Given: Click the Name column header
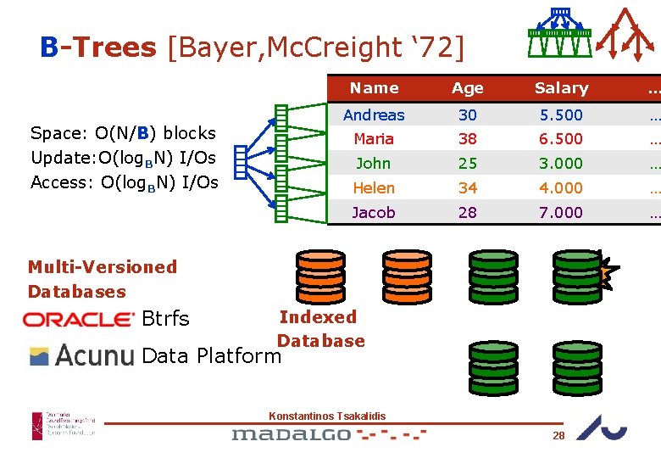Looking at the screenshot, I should point(374,88).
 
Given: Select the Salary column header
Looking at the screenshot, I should point(561,88).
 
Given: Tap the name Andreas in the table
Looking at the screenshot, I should point(374,114).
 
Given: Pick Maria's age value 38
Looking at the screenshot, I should point(468,138).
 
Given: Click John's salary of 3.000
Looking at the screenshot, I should point(561,163).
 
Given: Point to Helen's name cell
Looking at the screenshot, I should point(374,187).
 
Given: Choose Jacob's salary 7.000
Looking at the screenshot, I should point(561,212).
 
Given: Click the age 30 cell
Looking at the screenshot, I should point(468,114).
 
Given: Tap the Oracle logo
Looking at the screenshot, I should point(79,320).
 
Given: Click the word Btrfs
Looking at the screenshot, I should point(166,319).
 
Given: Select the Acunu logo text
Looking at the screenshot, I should point(94,355).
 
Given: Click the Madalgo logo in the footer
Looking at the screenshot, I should point(292,434).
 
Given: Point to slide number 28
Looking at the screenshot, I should point(558,435).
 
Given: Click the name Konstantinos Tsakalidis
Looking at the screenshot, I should point(327,416).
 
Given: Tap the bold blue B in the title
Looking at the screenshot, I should point(48,47).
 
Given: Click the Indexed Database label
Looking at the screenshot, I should point(319,329).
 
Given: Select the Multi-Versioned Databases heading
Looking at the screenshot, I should point(102,279).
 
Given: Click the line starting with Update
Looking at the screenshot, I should point(122,158).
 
